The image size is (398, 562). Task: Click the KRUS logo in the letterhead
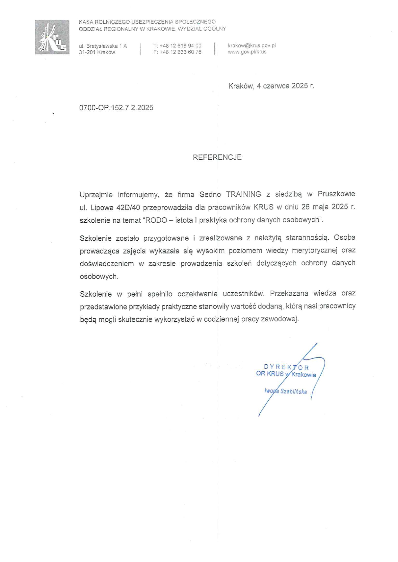(x=52, y=37)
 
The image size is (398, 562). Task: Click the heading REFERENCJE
(x=217, y=157)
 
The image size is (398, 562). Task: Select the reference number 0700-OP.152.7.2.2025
(x=116, y=108)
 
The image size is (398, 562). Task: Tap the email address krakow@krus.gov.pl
(x=252, y=45)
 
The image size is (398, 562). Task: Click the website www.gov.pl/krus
(x=247, y=52)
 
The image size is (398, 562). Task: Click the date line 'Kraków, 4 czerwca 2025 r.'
(x=271, y=86)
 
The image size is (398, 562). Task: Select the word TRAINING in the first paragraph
(x=243, y=194)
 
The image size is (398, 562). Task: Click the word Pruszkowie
(x=336, y=194)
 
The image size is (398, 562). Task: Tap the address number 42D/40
(x=128, y=207)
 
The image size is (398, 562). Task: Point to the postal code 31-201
(x=87, y=53)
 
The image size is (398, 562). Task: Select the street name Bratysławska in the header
(x=102, y=46)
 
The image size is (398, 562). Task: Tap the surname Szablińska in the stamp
(x=294, y=392)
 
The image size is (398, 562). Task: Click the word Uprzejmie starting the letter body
(x=96, y=194)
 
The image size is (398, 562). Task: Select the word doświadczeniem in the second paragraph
(x=107, y=263)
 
